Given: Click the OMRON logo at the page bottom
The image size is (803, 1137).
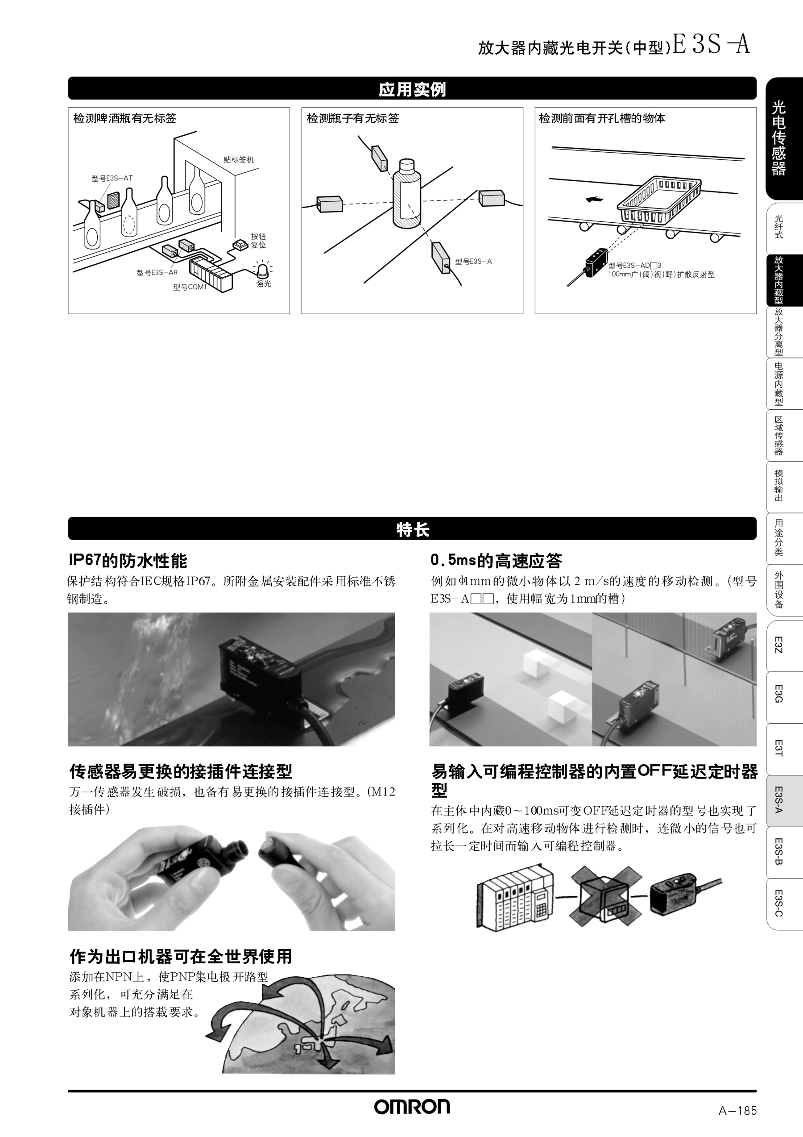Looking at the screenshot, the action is tap(412, 1107).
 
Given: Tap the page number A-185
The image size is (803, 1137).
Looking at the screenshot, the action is tap(738, 1111).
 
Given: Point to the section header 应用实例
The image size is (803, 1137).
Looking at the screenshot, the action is tap(412, 89).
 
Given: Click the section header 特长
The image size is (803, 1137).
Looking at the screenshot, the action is tap(412, 529).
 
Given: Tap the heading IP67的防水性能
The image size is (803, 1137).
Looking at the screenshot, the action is tap(128, 561).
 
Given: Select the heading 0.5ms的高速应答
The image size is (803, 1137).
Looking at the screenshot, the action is tap(496, 561).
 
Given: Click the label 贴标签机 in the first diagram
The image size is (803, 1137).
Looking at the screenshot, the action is tap(239, 159).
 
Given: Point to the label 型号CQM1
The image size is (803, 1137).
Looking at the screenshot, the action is tap(190, 287).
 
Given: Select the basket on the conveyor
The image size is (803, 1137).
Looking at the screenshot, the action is tap(659, 200).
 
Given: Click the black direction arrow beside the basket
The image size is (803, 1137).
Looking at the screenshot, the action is tap(594, 200).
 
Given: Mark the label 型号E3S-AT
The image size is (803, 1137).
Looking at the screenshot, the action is tap(112, 178).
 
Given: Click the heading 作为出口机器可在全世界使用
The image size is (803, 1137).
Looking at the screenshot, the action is tap(181, 956).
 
